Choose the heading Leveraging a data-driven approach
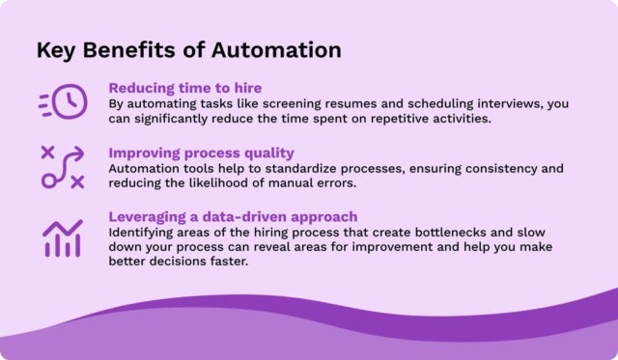(x=232, y=217)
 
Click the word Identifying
(x=141, y=234)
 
